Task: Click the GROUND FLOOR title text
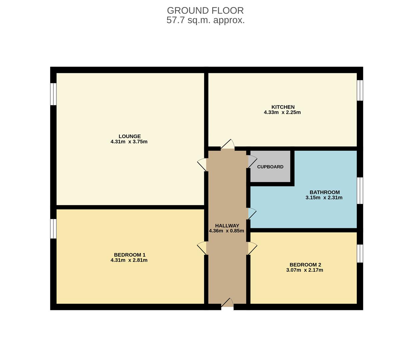tap(206, 10)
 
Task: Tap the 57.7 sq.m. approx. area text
tap(206, 20)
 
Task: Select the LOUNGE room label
tap(130, 136)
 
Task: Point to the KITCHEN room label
tap(283, 107)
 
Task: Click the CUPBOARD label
tap(270, 167)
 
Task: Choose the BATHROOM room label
tap(324, 192)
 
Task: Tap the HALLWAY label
tap(227, 225)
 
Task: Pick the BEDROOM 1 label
tap(130, 255)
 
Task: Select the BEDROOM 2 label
tap(305, 265)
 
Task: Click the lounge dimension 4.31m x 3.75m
tap(129, 142)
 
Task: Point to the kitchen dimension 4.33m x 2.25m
tap(282, 112)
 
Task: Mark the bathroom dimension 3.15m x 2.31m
tap(324, 198)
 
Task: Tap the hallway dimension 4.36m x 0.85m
tap(226, 231)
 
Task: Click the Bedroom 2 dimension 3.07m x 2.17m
tap(304, 270)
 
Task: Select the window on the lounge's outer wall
tap(53, 94)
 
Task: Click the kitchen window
tap(360, 90)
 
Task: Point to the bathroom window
tap(360, 190)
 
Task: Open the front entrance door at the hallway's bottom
tap(227, 303)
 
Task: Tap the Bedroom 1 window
tap(53, 228)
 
